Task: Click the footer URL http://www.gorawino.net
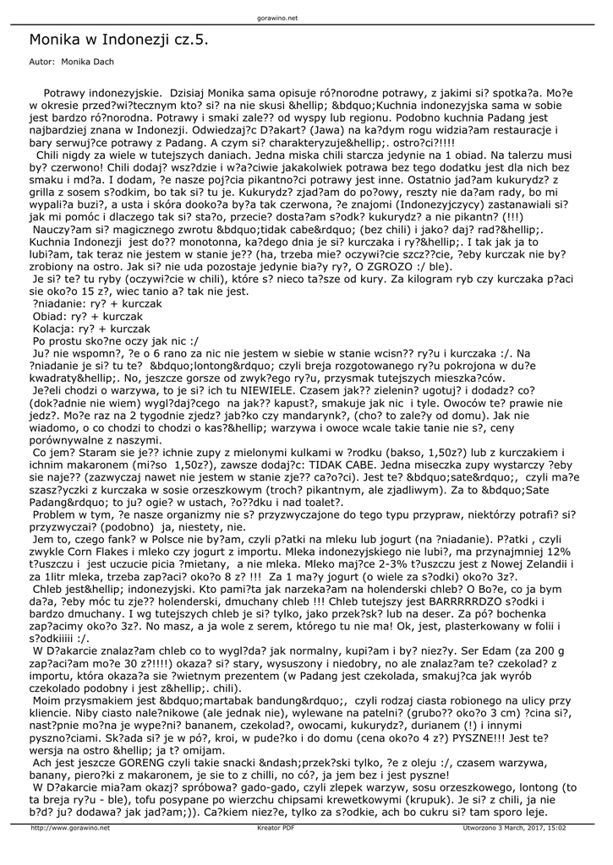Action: [70, 828]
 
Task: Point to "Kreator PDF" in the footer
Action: [276, 828]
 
